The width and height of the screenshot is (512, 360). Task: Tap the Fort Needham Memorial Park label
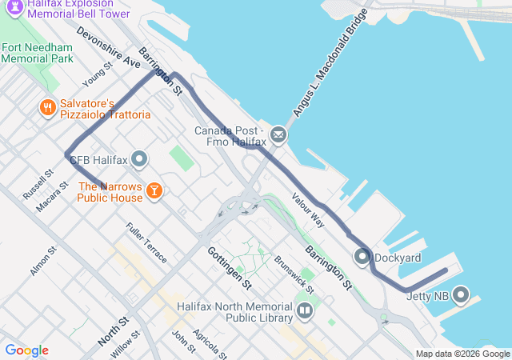(38, 53)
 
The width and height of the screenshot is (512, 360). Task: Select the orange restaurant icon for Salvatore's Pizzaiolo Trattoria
(48, 106)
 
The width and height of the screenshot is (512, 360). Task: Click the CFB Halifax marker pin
(139, 160)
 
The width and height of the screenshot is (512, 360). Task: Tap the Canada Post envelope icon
(278, 135)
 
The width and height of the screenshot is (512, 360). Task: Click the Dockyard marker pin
(362, 258)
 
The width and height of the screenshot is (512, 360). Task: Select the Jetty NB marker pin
(461, 296)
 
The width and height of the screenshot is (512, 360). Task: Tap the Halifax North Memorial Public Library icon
(304, 310)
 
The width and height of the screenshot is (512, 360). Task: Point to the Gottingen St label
(230, 267)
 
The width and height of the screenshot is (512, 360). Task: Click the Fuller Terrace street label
(146, 242)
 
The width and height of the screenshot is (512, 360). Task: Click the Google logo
(26, 350)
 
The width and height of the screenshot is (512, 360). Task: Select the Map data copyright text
(462, 354)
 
